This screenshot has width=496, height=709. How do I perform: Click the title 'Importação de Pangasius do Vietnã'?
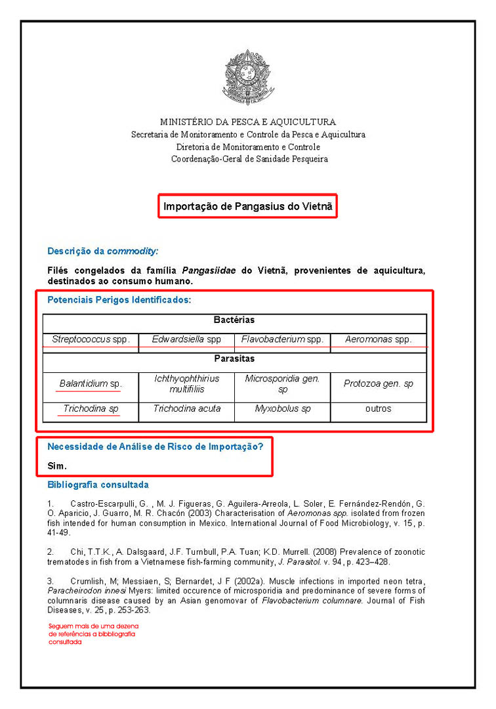point(248,206)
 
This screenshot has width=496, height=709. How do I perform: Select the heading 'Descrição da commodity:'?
point(103,251)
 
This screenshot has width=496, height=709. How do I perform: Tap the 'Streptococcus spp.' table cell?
point(91,339)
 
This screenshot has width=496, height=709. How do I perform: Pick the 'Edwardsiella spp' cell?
point(186,339)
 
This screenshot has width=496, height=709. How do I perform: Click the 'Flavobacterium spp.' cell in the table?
point(282,339)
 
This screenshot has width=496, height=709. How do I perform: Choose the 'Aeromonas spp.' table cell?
point(379,339)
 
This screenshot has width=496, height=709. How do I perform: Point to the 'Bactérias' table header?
point(234,320)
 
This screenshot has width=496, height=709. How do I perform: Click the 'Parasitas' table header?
point(234,359)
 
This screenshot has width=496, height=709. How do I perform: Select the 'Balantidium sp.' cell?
point(91,383)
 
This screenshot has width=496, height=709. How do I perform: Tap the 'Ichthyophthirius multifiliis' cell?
point(186,383)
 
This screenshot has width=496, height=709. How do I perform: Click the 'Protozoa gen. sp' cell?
point(379,383)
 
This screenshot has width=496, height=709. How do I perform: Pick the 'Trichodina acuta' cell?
point(186,409)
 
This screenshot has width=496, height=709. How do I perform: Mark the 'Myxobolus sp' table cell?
point(282,409)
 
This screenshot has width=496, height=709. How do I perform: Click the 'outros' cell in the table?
point(379,409)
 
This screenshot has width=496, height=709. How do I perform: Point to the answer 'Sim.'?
point(57,465)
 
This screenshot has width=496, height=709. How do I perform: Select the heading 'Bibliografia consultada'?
point(98,485)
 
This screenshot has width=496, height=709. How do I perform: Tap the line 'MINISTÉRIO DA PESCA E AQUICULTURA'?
point(248,122)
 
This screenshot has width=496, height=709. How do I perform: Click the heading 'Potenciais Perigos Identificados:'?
point(119,301)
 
